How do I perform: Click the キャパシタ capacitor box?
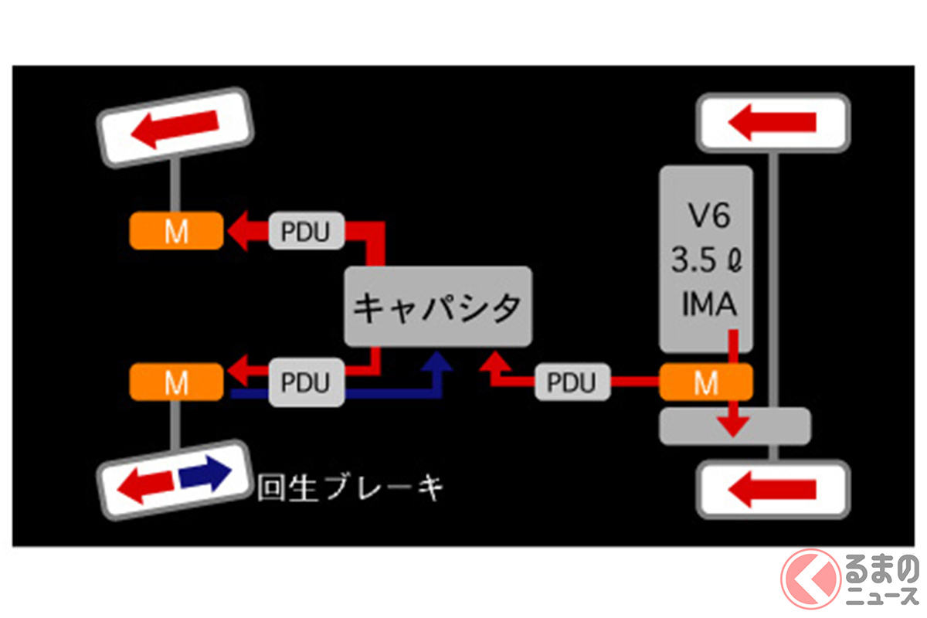point(438,307)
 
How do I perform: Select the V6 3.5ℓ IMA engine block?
point(705,259)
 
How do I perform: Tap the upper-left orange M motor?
point(176,230)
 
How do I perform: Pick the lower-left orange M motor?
point(176,381)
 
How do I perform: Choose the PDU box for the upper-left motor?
point(306,230)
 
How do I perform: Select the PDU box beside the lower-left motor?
point(306,382)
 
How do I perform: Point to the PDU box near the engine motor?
point(572,382)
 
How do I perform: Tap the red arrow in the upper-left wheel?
point(175,127)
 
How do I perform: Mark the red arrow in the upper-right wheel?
point(772,122)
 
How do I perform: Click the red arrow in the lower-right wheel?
point(772,488)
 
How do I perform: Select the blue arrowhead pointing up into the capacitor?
point(439,363)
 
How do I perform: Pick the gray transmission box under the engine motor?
point(734,426)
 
